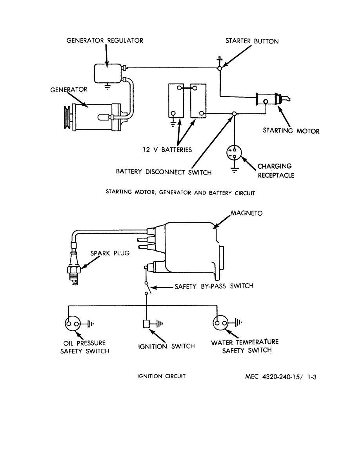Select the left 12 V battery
[x=176, y=101]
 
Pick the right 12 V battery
[x=198, y=101]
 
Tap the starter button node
[x=220, y=68]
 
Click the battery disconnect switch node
[x=234, y=113]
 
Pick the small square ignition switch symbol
[x=146, y=324]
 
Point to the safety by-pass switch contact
[x=147, y=288]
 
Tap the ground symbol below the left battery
[x=173, y=123]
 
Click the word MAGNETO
[x=247, y=213]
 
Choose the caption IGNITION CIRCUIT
[x=161, y=376]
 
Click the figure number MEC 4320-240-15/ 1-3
[x=281, y=377]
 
